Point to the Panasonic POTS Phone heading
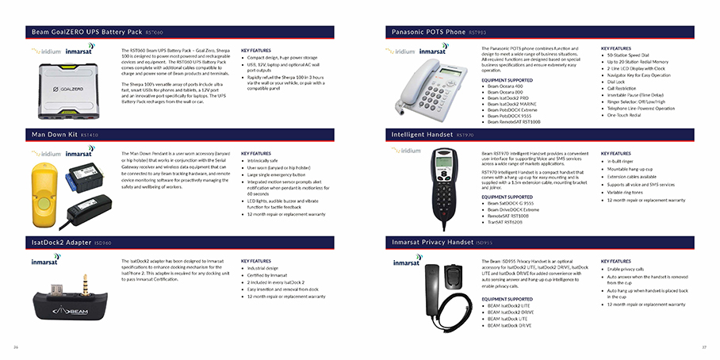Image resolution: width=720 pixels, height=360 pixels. [x=429, y=32]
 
